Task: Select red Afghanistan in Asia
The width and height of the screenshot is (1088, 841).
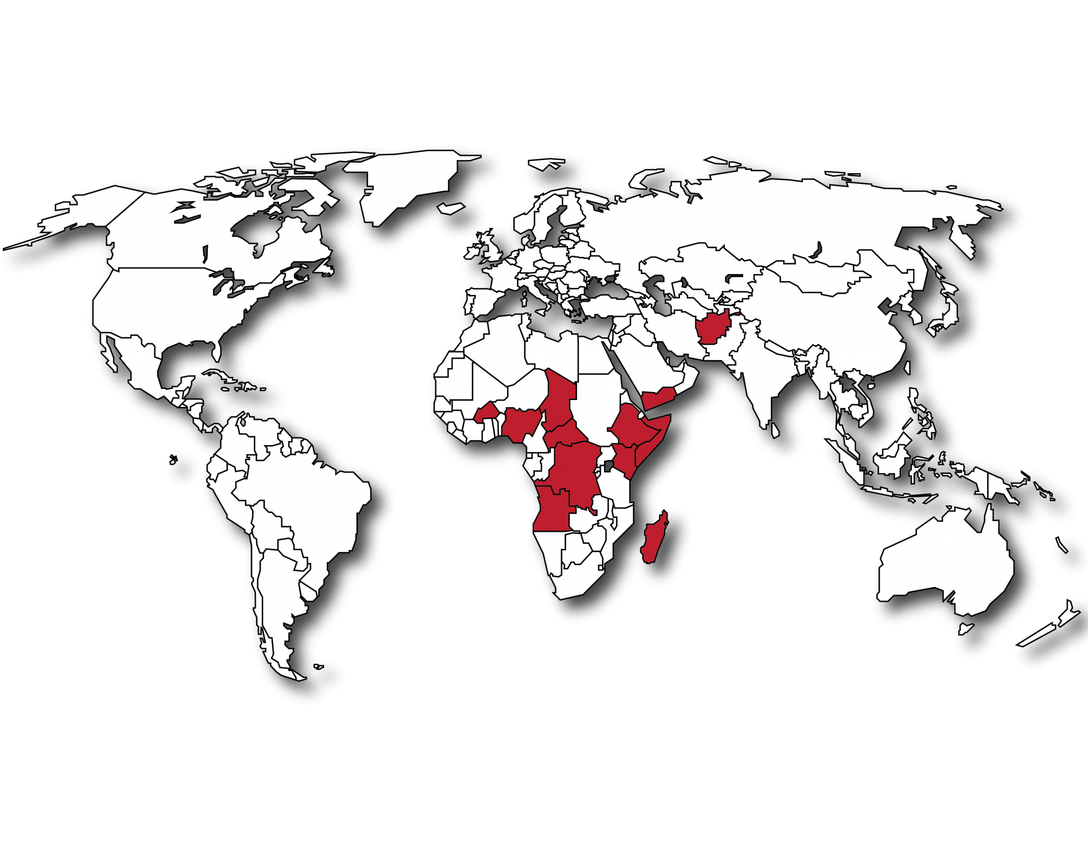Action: coord(713,327)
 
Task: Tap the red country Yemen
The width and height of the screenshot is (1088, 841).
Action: coord(659,398)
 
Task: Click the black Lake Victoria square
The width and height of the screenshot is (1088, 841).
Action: coord(608,466)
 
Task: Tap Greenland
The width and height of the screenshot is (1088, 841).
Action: coord(409,181)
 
